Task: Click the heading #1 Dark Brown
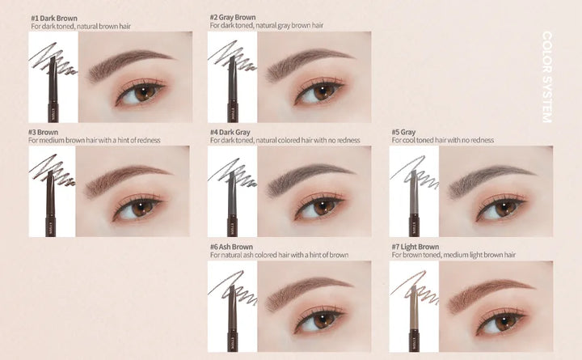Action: pyautogui.click(x=53, y=17)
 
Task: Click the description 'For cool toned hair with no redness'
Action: pyautogui.click(x=442, y=140)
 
